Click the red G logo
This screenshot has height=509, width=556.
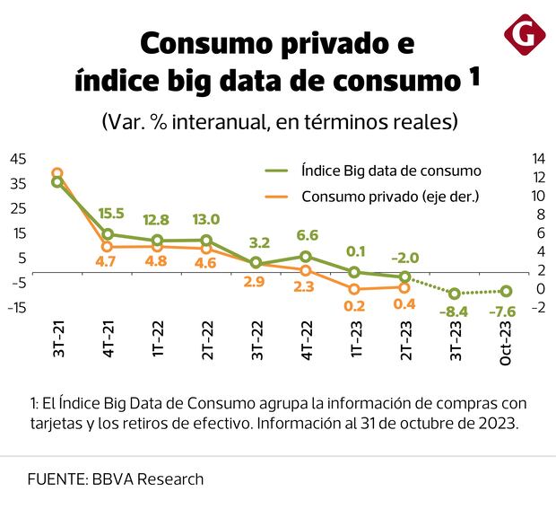[x=525, y=36]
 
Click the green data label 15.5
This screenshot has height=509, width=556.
[x=111, y=214]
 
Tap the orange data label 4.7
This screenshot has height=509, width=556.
[x=108, y=262]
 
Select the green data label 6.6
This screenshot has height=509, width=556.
[x=308, y=235]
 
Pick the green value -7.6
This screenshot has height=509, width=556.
[x=506, y=312]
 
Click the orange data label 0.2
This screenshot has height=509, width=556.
[x=354, y=305]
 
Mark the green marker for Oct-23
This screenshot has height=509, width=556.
[x=506, y=291]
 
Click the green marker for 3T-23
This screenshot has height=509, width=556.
[x=456, y=294]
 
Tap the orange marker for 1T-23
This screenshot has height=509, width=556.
[x=355, y=289]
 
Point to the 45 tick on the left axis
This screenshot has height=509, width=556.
[x=18, y=159]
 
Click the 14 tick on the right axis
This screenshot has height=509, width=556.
[x=539, y=158]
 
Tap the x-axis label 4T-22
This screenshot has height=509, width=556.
[x=308, y=339]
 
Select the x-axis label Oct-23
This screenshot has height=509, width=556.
[x=506, y=341]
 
